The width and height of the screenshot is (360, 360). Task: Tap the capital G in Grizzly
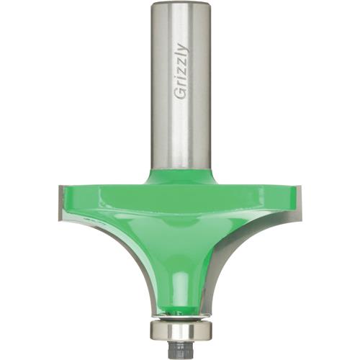point(180,96)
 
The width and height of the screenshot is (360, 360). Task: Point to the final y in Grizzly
point(181,47)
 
